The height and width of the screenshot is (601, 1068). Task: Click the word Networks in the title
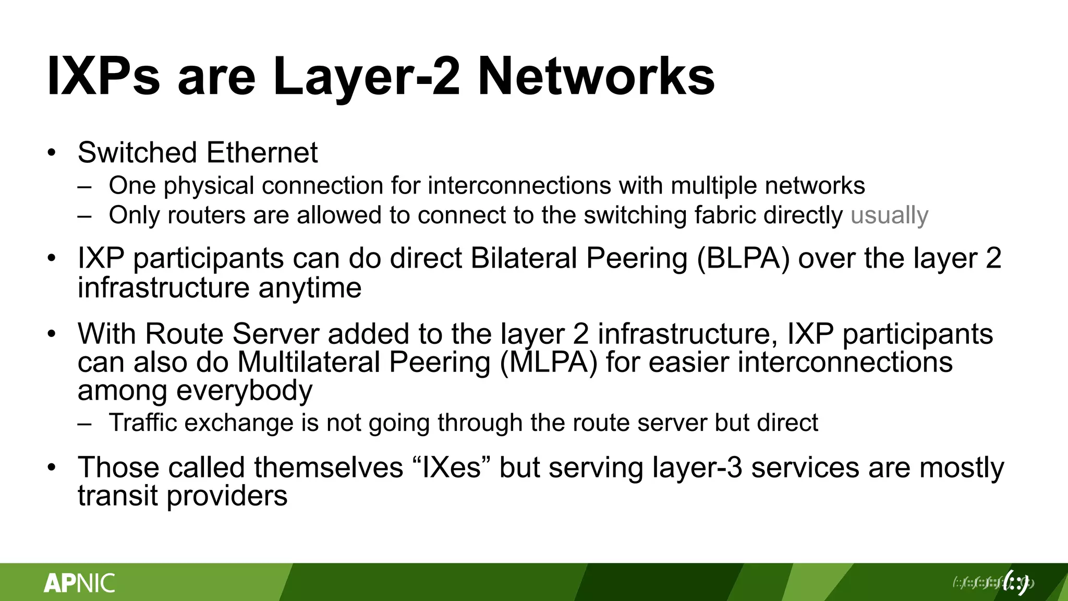[596, 77]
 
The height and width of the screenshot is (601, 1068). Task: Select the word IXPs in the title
[103, 77]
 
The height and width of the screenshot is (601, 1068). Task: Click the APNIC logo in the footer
[79, 583]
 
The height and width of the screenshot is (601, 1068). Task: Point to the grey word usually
[889, 215]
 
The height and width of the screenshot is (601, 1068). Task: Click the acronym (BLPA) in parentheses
[743, 258]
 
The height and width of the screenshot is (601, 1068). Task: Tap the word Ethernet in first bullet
[262, 153]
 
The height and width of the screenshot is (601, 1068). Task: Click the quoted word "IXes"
[452, 467]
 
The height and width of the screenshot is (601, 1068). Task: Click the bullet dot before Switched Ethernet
[51, 153]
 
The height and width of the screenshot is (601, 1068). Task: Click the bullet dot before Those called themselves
[51, 467]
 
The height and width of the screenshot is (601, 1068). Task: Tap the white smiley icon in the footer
[1016, 583]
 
